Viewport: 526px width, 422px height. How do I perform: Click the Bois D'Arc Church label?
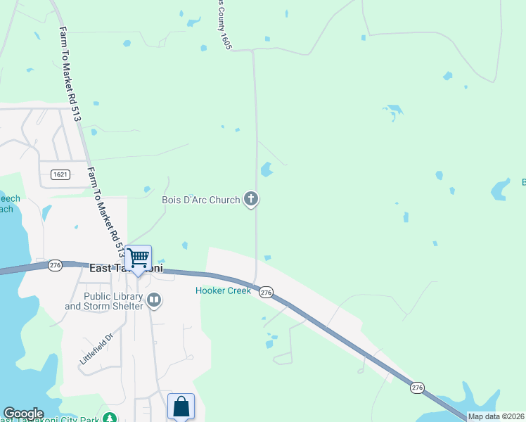pyautogui.click(x=201, y=200)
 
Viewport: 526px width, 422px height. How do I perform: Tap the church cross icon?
pyautogui.click(x=251, y=200)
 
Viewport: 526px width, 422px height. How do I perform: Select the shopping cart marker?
pyautogui.click(x=139, y=258)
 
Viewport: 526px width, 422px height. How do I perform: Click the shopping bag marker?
pyautogui.click(x=181, y=406)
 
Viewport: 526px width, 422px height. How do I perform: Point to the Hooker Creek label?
pyautogui.click(x=223, y=290)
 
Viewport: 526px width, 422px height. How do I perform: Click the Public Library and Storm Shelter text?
pyautogui.click(x=103, y=301)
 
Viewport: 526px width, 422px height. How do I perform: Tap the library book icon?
pyautogui.click(x=154, y=301)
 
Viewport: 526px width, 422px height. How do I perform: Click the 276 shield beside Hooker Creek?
pyautogui.click(x=266, y=292)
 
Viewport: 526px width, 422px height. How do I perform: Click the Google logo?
pyautogui.click(x=23, y=414)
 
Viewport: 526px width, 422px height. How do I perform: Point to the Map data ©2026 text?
pyautogui.click(x=496, y=416)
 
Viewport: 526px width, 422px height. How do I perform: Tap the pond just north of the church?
pyautogui.click(x=267, y=170)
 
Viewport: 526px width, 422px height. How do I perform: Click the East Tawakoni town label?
pyautogui.click(x=127, y=268)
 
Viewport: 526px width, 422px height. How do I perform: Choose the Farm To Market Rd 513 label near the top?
pyautogui.click(x=70, y=74)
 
